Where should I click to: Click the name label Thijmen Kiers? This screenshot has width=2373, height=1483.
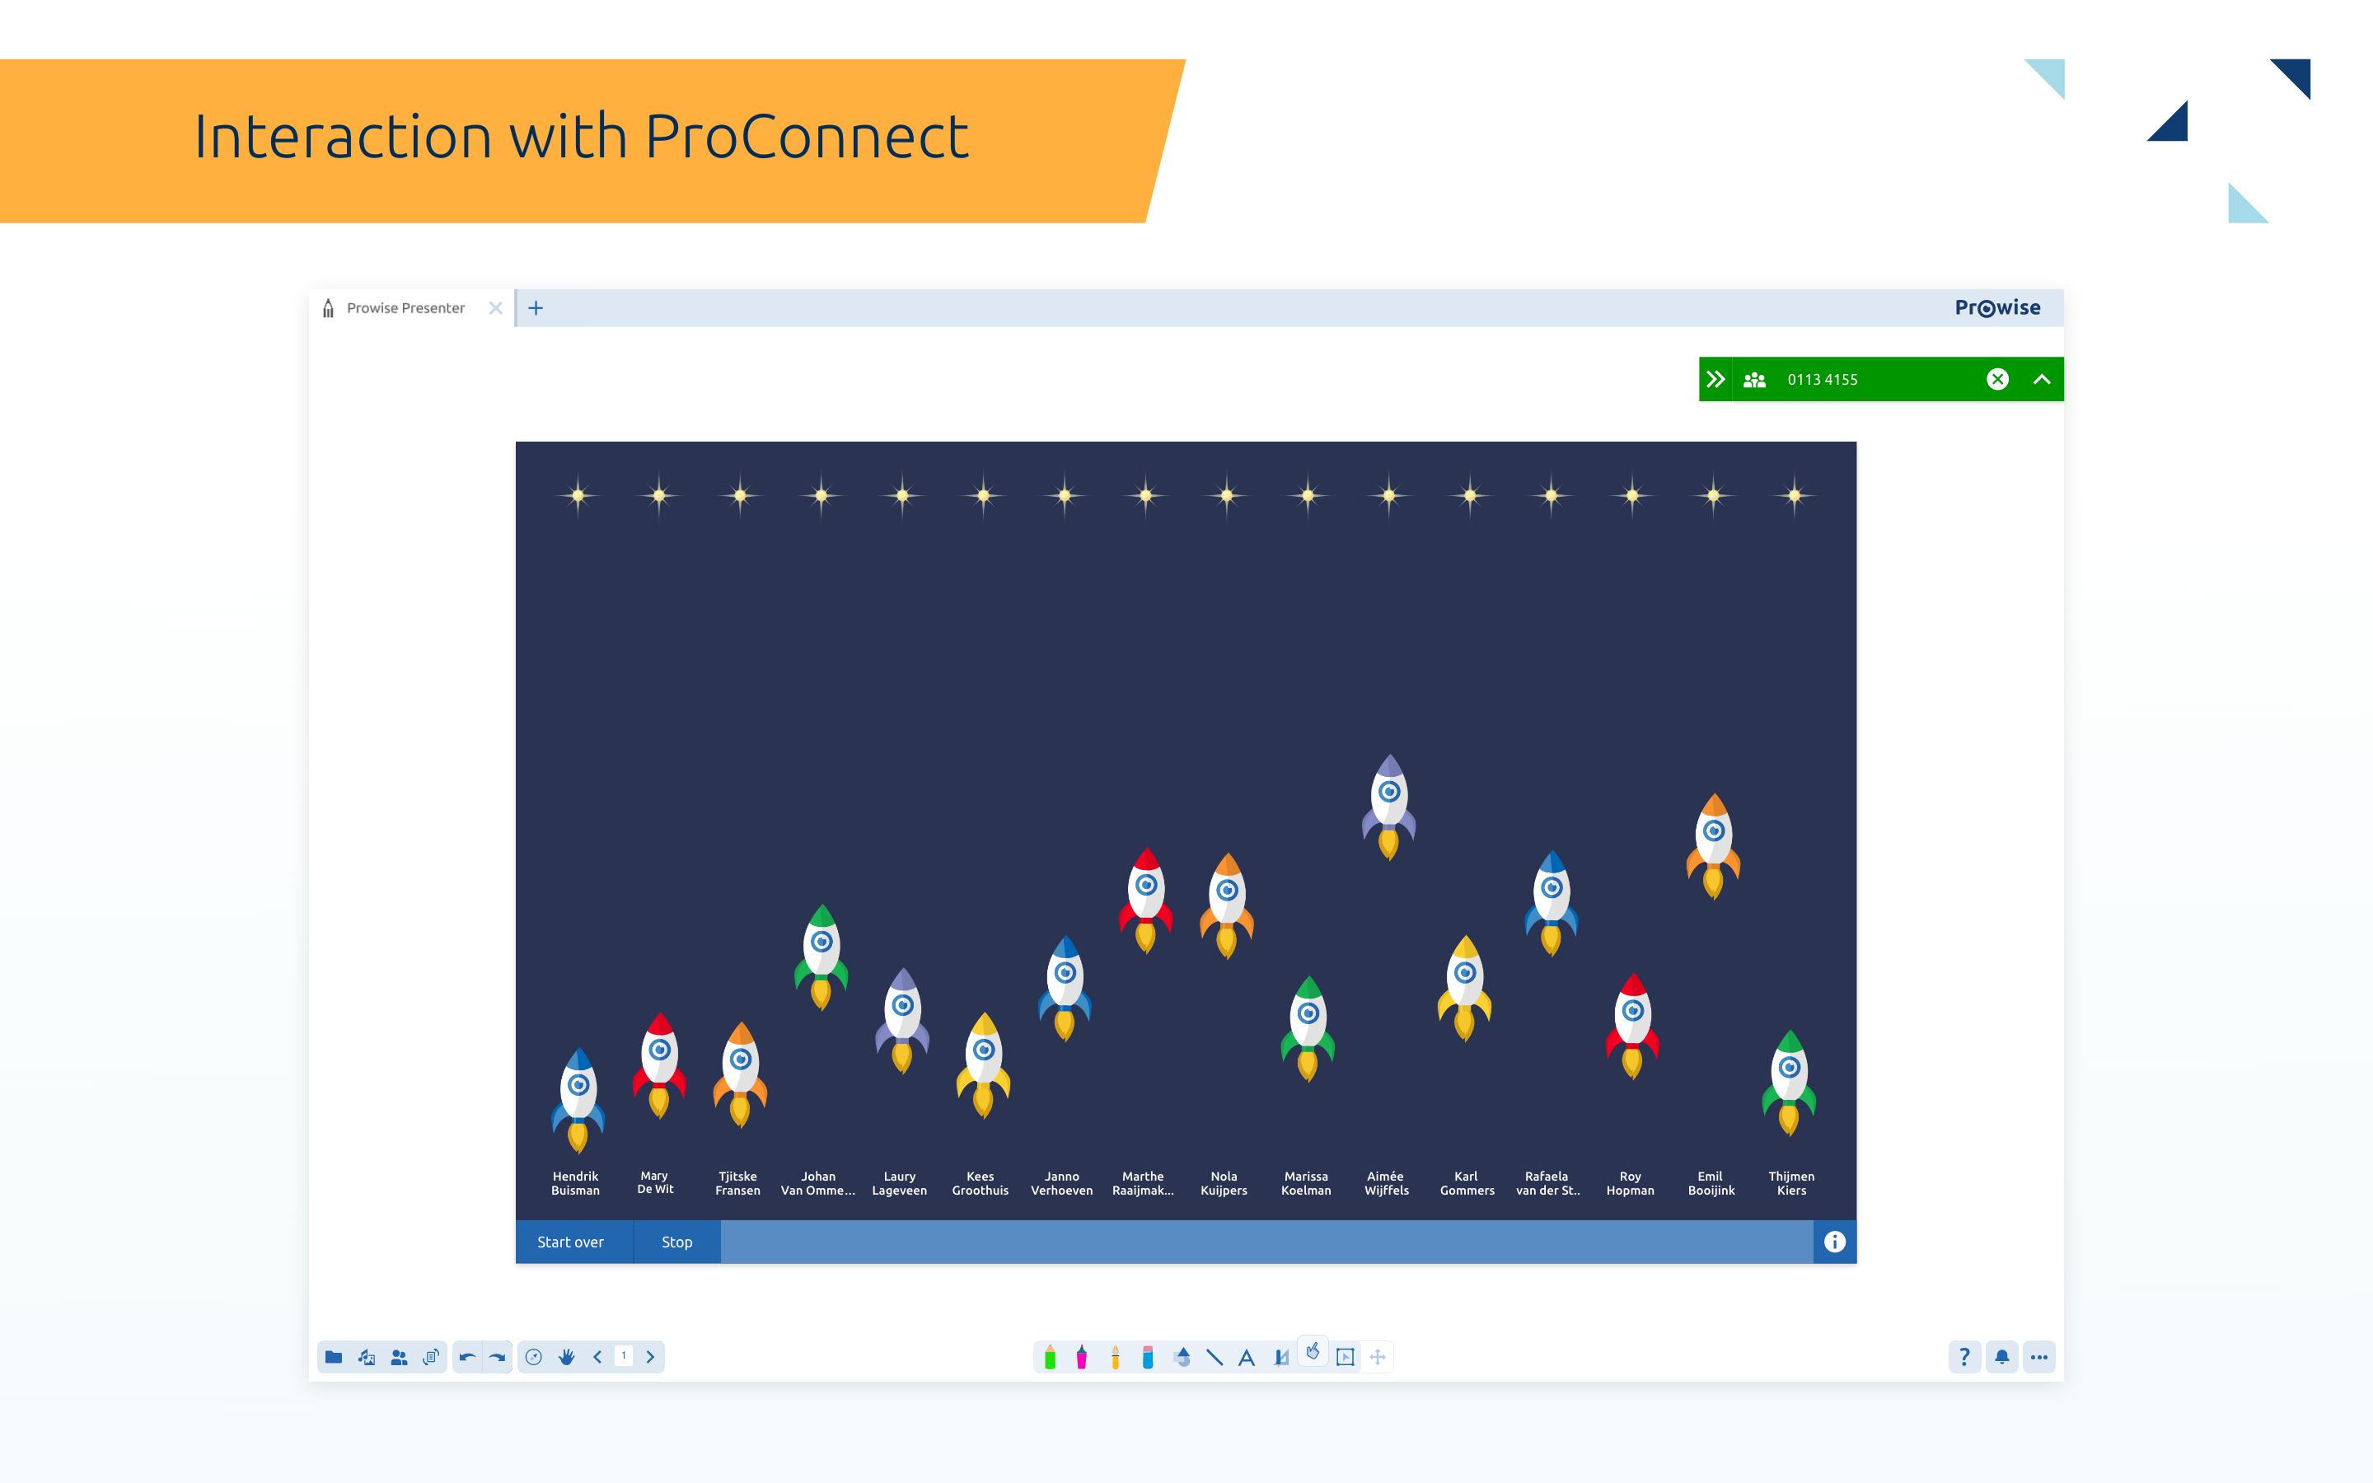click(x=1791, y=1183)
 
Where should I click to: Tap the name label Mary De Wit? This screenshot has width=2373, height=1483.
click(x=655, y=1182)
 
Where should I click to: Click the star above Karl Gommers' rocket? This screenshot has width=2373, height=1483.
click(x=1470, y=496)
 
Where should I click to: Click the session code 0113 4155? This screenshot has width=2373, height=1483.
click(x=1822, y=380)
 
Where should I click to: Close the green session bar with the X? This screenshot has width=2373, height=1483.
click(x=1997, y=380)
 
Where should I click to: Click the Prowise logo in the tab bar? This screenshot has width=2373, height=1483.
click(x=1997, y=308)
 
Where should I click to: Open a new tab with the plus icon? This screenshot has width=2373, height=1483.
click(x=536, y=308)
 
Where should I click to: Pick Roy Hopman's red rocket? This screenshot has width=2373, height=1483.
click(x=1631, y=1026)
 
